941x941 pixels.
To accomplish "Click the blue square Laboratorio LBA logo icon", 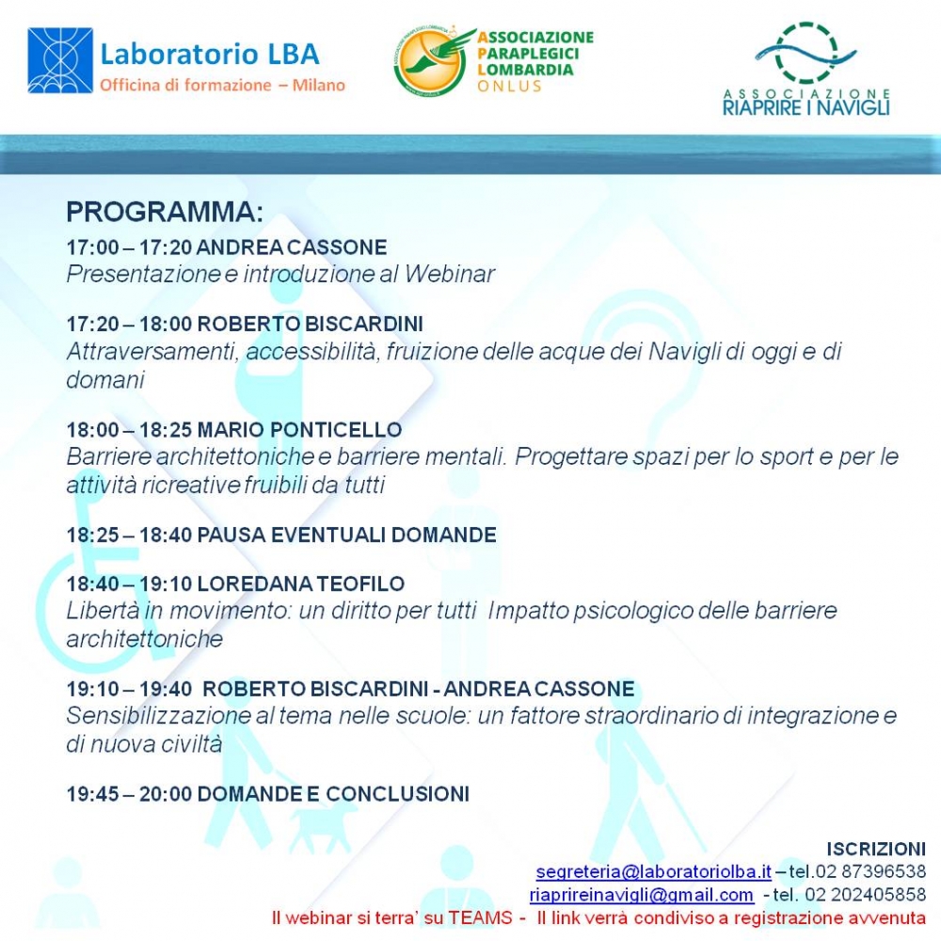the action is pos(60,60).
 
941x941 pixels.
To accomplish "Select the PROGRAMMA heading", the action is pos(165,212).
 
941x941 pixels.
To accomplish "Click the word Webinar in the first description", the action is pos(450,274).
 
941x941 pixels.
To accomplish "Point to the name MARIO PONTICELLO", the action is pos(299,430).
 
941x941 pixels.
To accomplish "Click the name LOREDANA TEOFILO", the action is pos(301,583).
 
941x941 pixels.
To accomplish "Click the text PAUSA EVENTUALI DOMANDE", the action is pos(346,534).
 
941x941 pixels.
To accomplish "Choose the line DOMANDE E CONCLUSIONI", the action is pos(333,794).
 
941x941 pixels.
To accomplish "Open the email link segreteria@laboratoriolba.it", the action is pos(654,870).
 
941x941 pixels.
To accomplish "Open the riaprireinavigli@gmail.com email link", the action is pos(642,895).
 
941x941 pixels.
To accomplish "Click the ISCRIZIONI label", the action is pos(876,849).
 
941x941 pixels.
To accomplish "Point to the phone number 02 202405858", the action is pos(866,895).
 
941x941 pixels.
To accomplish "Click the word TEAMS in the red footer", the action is pos(481,918).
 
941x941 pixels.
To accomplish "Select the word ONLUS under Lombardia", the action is pos(509,87).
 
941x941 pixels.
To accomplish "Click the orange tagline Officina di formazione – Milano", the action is pos(223,86).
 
